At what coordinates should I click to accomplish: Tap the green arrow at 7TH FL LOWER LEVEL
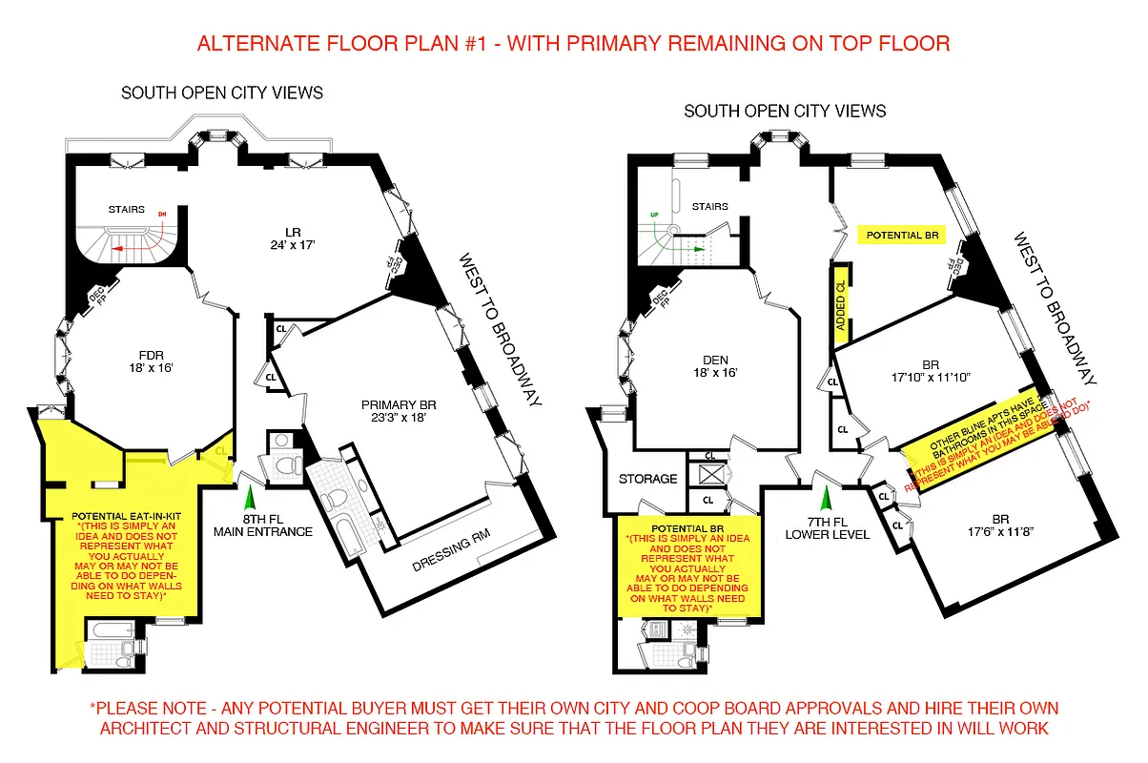pyautogui.click(x=826, y=497)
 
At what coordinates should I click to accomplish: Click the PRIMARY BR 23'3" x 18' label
pyautogui.click(x=398, y=410)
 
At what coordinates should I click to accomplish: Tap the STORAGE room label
pyautogui.click(x=647, y=479)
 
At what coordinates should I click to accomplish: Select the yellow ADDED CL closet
pyautogui.click(x=841, y=305)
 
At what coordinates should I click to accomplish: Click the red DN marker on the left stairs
pyautogui.click(x=163, y=215)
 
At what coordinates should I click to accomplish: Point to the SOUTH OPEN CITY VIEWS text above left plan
pyautogui.click(x=221, y=93)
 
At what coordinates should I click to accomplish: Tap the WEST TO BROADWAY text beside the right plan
pyautogui.click(x=1057, y=304)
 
